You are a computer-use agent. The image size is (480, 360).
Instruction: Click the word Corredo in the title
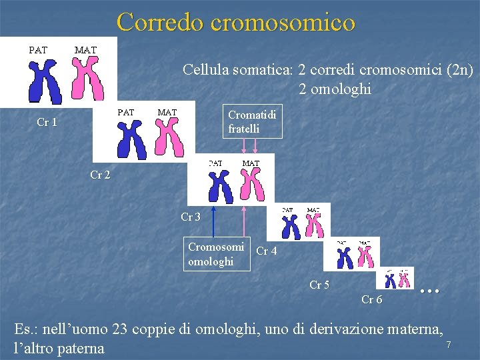(160, 22)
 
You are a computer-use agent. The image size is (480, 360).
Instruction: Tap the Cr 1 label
(47, 123)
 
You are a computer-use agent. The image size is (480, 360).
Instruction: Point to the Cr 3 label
(191, 217)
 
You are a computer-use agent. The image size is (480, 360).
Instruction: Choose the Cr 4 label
(267, 251)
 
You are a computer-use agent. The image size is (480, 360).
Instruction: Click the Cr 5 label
(319, 285)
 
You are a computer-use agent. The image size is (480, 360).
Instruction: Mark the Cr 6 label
(371, 299)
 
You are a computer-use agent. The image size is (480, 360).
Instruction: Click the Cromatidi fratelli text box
(252, 121)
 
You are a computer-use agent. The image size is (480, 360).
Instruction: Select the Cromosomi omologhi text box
(216, 254)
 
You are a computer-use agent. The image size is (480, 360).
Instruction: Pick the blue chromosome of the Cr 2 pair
(131, 139)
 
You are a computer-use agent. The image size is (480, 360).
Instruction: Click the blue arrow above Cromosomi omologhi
(213, 220)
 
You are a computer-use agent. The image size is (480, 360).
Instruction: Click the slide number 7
(449, 345)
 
